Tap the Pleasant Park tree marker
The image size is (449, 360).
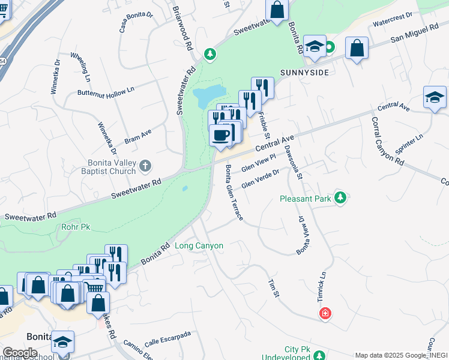pyautogui.click(x=340, y=197)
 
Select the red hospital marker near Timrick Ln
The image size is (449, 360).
pyautogui.click(x=325, y=313)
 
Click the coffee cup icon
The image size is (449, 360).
pyautogui.click(x=220, y=134)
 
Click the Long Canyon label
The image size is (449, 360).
pyautogui.click(x=199, y=245)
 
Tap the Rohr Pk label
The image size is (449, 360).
pyautogui.click(x=75, y=227)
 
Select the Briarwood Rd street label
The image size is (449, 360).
pyautogui.click(x=183, y=28)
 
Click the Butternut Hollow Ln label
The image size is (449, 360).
pyautogui.click(x=106, y=92)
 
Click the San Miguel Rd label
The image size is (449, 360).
pyautogui.click(x=415, y=34)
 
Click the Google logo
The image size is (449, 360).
pyautogui.click(x=20, y=353)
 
